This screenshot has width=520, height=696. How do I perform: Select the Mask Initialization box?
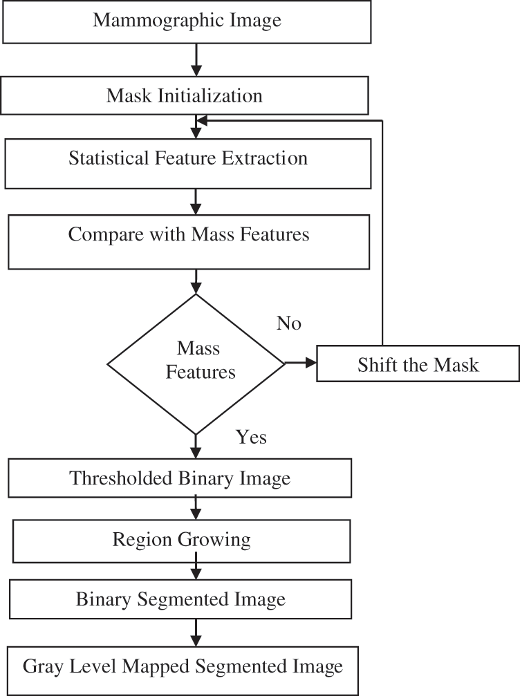[185, 95]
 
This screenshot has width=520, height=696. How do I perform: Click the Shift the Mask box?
[418, 364]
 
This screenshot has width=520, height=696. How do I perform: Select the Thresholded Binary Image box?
[180, 478]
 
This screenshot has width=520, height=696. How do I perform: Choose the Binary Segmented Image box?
[180, 599]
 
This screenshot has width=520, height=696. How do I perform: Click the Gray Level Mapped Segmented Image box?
[183, 667]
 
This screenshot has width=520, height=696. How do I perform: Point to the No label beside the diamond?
[289, 323]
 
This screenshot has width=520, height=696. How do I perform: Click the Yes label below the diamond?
[252, 437]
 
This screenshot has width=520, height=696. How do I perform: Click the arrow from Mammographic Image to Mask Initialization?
[196, 61]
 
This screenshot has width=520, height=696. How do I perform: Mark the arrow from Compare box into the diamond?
[196, 281]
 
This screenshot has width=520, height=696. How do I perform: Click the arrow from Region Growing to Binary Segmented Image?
[196, 571]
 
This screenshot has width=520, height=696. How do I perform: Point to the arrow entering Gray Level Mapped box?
[196, 632]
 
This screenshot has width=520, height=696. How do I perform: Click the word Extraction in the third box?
[265, 158]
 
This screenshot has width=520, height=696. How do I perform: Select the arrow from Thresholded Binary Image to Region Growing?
[196, 510]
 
